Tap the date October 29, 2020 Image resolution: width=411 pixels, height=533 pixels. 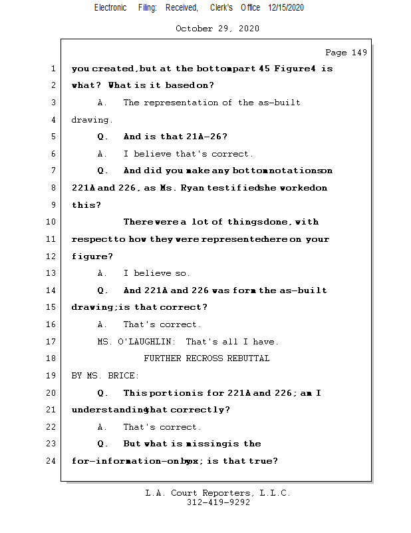(217, 29)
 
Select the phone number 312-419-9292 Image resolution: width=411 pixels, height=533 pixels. (218, 502)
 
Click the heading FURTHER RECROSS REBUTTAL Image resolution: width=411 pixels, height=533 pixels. (207, 358)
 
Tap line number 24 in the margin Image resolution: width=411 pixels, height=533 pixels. (51, 461)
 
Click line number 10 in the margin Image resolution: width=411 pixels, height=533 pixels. (51, 222)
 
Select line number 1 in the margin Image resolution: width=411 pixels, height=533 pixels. (53, 69)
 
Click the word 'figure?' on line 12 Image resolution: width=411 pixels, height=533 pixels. (92, 257)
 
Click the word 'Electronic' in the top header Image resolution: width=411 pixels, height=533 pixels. (110, 7)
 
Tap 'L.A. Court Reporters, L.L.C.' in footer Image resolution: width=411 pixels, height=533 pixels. (218, 493)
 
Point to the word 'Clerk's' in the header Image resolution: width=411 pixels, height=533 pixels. (221, 7)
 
